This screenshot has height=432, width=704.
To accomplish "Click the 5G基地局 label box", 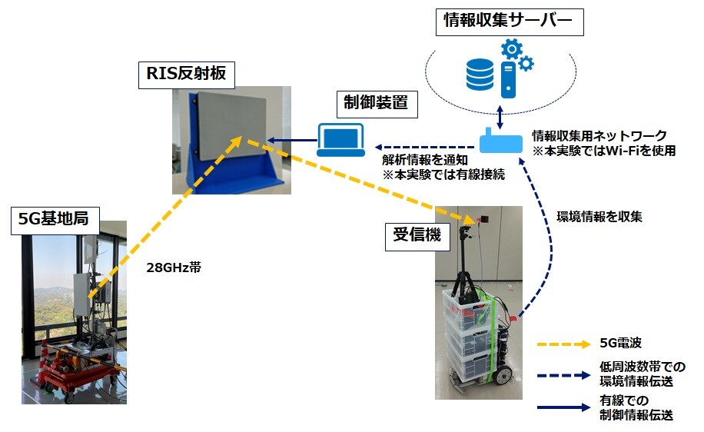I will click(54, 219).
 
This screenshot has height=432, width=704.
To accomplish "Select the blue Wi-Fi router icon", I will click(502, 142).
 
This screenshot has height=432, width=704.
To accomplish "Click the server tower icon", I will click(509, 82).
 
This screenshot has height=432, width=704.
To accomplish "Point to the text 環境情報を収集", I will click(599, 217).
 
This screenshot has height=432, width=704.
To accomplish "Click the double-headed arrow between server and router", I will click(501, 117).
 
